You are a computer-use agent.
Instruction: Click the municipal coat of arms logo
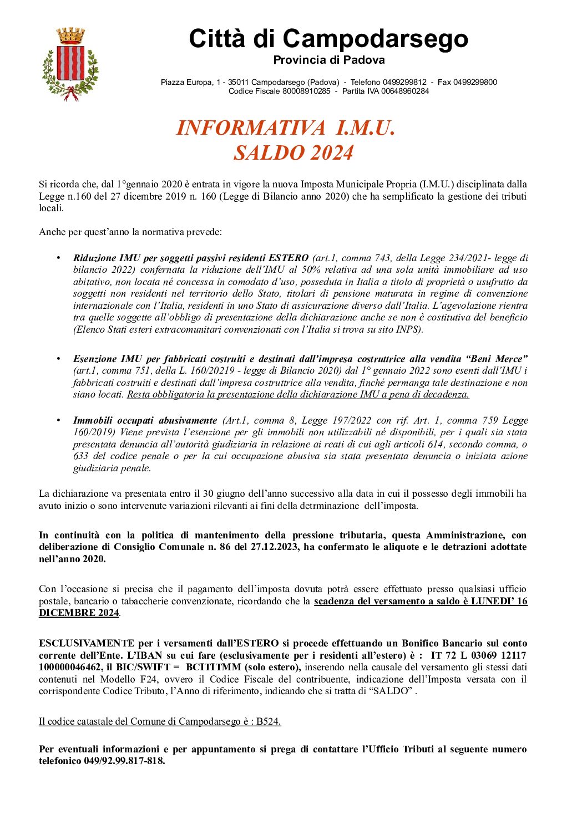coord(70,65)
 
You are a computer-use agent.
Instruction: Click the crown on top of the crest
coord(71,36)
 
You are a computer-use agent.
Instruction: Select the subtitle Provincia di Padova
coord(328,60)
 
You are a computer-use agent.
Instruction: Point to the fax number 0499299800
coord(475,82)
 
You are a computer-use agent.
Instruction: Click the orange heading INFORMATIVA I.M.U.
coord(286,128)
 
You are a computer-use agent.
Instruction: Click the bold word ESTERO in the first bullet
coord(289,258)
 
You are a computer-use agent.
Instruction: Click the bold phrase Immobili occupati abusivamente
coord(145,420)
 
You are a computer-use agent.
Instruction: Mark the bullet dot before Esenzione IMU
coord(58,359)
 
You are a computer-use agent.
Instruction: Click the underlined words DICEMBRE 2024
coord(79,613)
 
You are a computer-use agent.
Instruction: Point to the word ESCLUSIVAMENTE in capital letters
coord(87,643)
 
